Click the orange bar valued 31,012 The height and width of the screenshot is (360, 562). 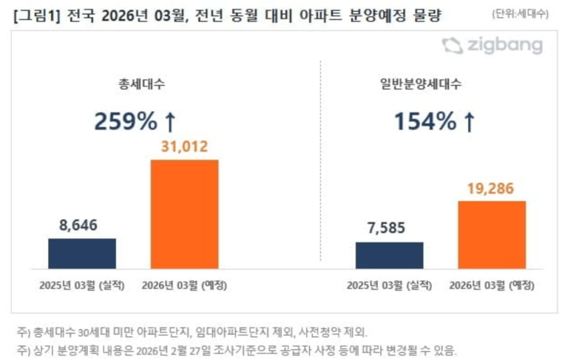click(x=184, y=214)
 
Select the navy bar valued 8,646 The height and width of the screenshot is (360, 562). click(x=82, y=253)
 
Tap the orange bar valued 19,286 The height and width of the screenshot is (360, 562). click(x=491, y=234)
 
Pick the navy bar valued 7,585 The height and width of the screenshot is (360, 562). click(x=389, y=255)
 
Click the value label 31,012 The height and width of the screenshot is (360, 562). click(x=184, y=147)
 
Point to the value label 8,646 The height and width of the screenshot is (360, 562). click(x=82, y=225)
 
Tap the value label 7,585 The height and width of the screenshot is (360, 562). click(x=389, y=229)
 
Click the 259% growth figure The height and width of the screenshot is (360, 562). click(x=125, y=121)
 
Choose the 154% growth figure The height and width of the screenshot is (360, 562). click(x=424, y=121)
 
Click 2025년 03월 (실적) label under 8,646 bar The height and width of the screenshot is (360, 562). click(x=82, y=285)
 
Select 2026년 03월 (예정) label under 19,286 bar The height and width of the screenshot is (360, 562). click(x=491, y=285)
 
